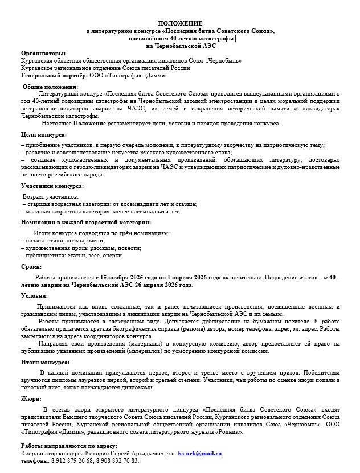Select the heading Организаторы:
(43, 53)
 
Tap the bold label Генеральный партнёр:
(54, 75)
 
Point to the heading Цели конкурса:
(43, 135)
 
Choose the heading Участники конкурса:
(52, 186)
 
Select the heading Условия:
(35, 295)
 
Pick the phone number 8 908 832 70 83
(117, 460)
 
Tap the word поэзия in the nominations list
(37, 241)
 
